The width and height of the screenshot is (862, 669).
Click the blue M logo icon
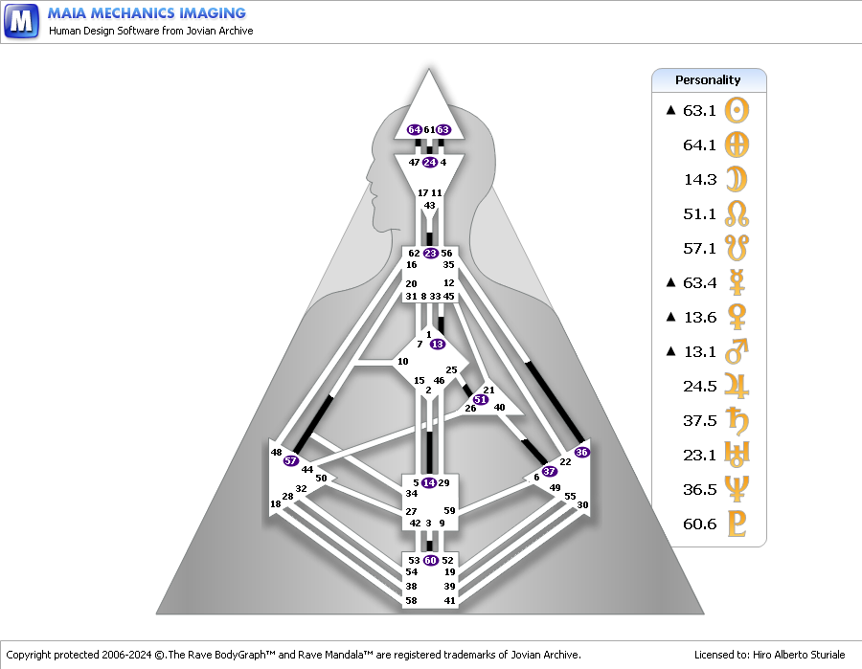coord(21,21)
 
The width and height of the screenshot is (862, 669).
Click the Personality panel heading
coord(708,80)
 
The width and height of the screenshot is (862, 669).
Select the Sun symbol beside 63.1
coord(737,110)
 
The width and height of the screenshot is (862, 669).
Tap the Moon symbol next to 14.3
coord(737,179)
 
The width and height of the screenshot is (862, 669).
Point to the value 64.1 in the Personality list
coord(699,145)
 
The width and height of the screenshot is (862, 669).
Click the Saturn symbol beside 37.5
coord(737,420)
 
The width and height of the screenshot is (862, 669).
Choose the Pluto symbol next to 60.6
coord(737,524)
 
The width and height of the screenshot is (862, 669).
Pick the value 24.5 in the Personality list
coord(700,386)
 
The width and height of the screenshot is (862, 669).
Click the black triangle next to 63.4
coord(670,282)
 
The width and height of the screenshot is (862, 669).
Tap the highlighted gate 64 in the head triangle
coord(415,129)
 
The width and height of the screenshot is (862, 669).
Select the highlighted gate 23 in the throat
coord(430,254)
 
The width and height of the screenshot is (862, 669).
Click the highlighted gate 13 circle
coord(438,344)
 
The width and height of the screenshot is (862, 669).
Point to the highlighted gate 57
coord(291,460)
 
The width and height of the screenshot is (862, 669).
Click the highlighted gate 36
coord(581,452)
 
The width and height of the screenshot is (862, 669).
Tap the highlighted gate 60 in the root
coord(430,560)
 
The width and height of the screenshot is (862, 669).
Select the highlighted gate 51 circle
coord(481,399)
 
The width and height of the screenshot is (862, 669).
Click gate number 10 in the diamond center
coord(403,362)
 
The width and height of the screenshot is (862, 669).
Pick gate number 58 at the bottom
coord(411,600)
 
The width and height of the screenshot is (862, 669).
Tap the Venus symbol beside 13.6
coord(737,317)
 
